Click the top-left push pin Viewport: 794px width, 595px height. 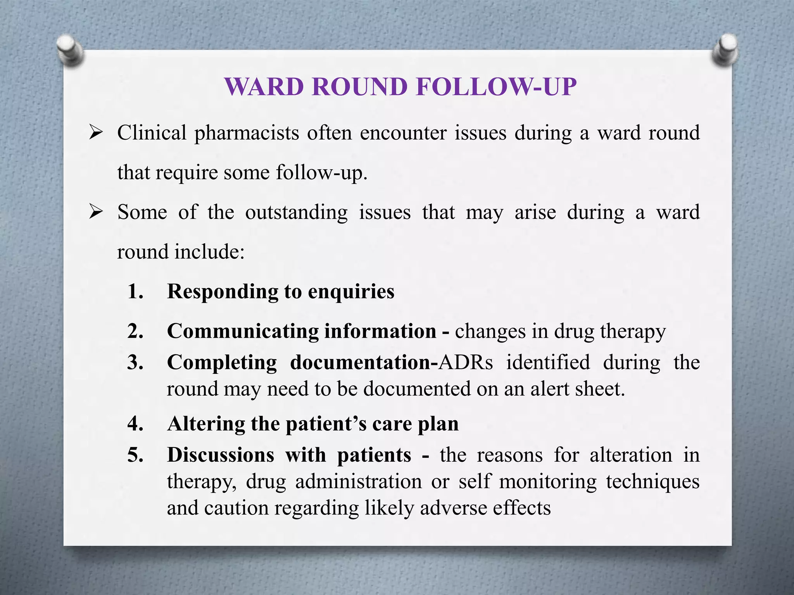pos(70,50)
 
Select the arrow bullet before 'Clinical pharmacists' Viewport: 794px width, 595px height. pos(95,133)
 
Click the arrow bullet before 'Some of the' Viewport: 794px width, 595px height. pos(95,212)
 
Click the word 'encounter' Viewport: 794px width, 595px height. pos(403,133)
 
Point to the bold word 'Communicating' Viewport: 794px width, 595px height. pos(243,332)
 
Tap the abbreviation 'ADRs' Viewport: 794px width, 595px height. pos(466,363)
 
